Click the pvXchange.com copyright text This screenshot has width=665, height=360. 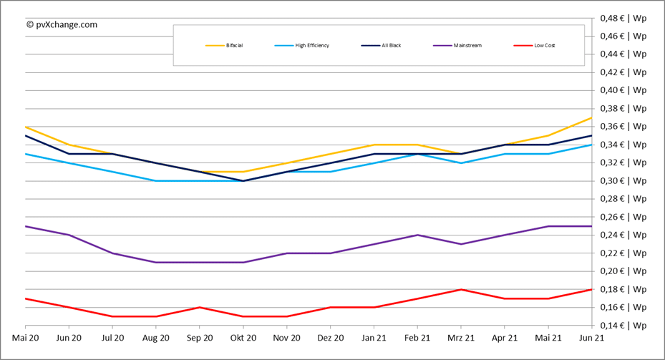pos(62,24)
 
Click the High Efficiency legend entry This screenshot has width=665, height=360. pos(301,46)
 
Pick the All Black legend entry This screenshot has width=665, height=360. pos(380,46)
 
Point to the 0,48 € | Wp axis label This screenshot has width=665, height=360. pos(623,17)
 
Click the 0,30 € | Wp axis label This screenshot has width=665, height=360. pos(623,180)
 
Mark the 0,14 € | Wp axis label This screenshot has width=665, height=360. pos(623,326)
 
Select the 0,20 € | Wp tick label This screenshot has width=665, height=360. pos(623,271)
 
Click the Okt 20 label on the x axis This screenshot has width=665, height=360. pos(243,337)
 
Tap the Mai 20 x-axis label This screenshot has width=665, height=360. pos(25,337)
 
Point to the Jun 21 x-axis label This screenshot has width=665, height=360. pos(592,337)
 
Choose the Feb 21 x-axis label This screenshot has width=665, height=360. pos(417,337)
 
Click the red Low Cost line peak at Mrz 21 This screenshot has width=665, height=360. pos(461,289)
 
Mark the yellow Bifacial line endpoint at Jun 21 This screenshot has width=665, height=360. pos(592,117)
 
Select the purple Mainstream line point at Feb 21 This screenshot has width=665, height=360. pos(417,235)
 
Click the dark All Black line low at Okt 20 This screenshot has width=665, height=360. pos(243,180)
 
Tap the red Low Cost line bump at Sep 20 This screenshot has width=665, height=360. pos(200,307)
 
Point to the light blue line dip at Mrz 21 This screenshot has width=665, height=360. pos(461,162)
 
